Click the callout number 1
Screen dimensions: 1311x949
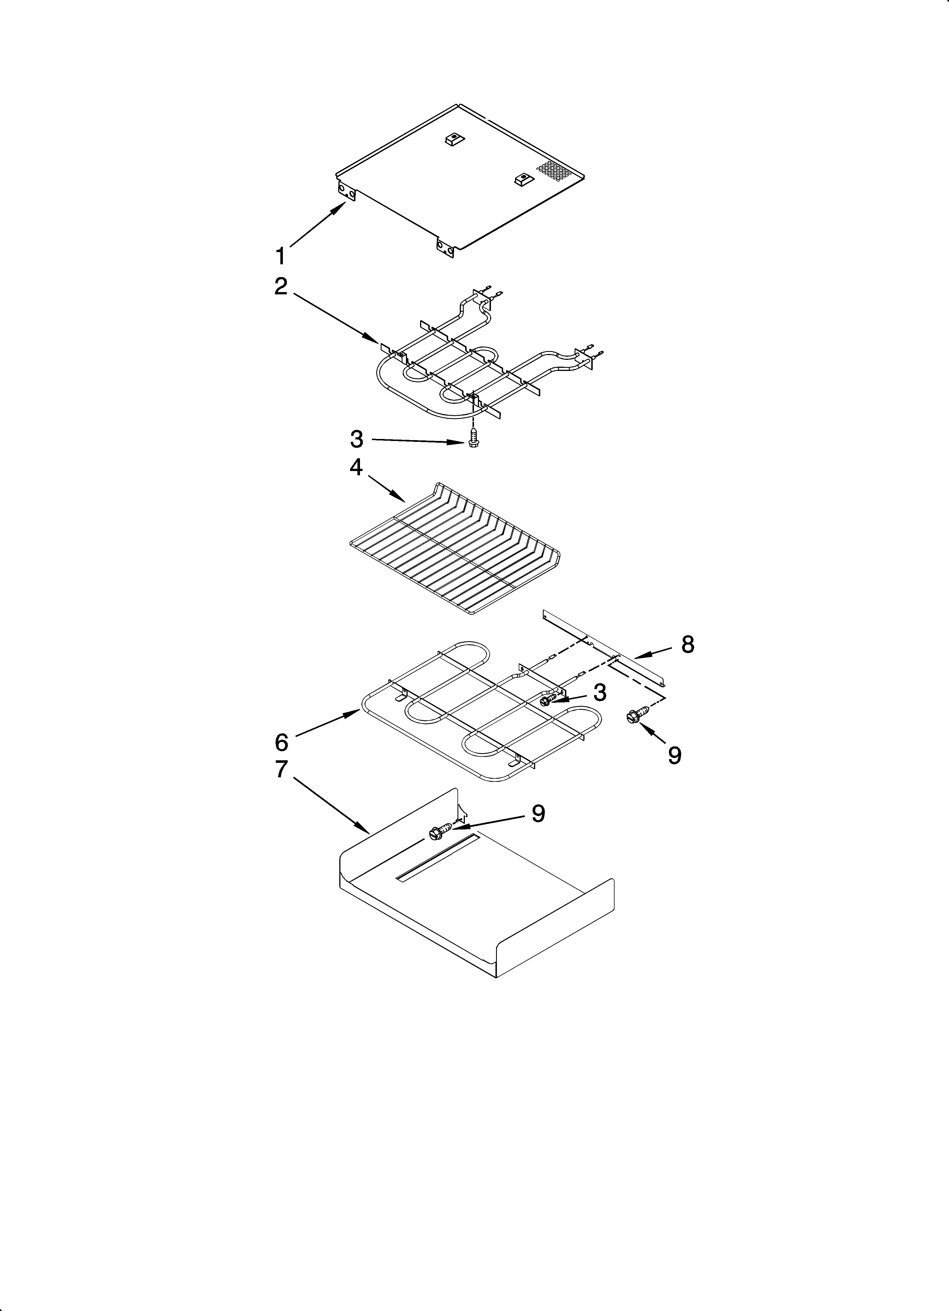pos(280,255)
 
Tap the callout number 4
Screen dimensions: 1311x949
pos(356,467)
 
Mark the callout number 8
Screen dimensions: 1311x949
pos(687,644)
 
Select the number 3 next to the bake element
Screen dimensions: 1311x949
pos(600,692)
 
